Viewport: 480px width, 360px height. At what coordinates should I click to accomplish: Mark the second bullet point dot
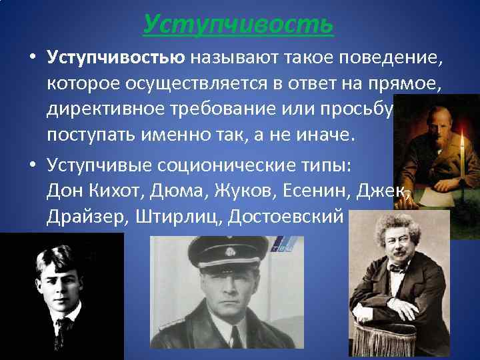32,166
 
